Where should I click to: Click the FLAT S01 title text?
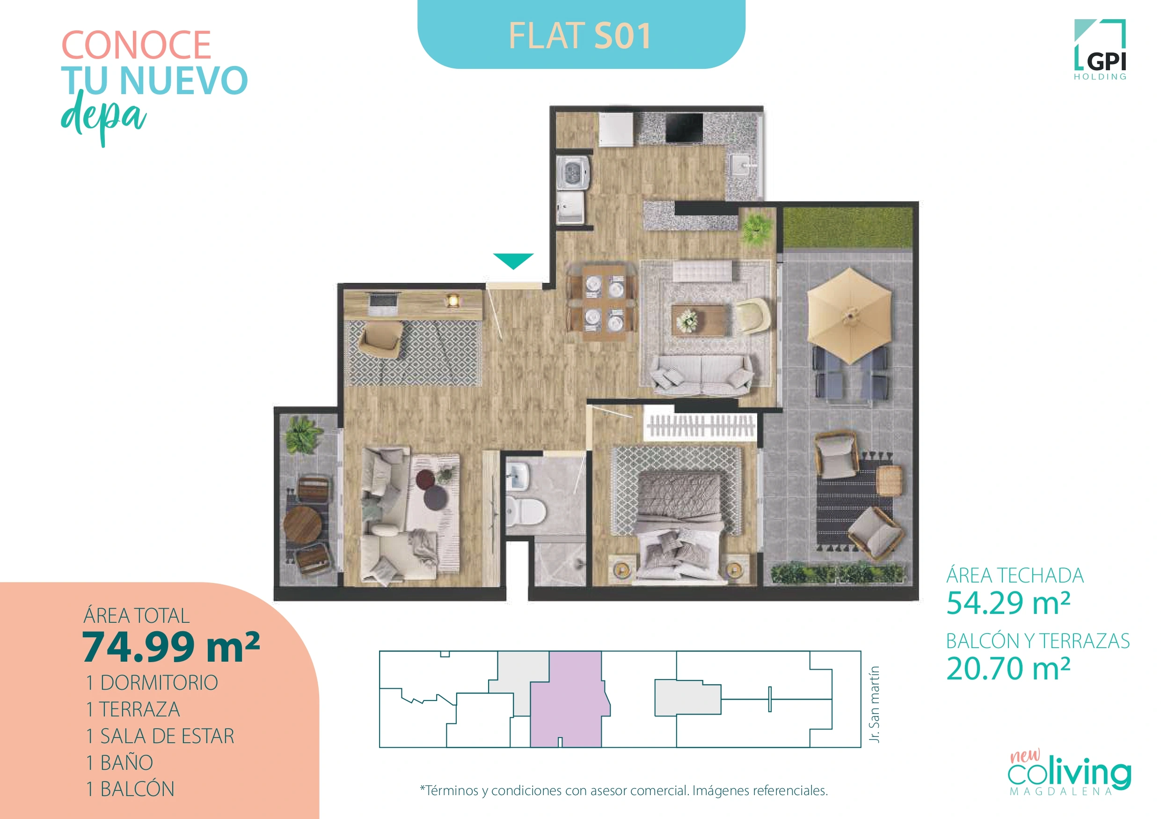coord(580,36)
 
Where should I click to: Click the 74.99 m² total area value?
coord(171,648)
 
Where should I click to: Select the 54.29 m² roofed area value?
coord(1008,603)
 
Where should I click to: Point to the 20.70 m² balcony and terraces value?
coord(1008,669)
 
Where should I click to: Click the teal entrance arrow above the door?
coord(513,260)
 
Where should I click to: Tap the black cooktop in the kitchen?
coord(684,128)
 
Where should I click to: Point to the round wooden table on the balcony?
coord(302,524)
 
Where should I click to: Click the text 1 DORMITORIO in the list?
coord(152,683)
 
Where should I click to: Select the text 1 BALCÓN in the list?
coord(131,789)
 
